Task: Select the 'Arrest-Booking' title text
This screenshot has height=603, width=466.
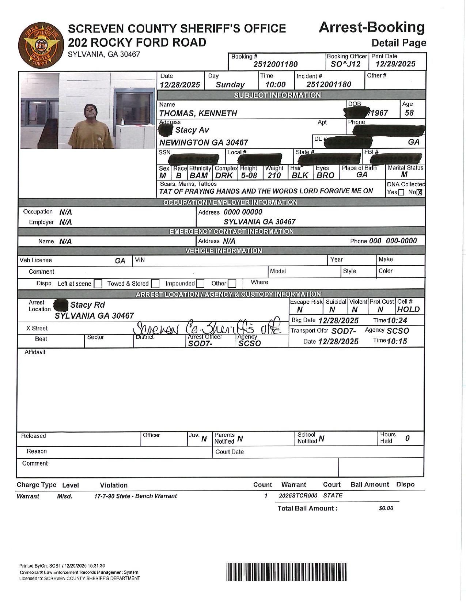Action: coord(371,27)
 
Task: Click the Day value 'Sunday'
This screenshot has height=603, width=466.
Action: coord(230,85)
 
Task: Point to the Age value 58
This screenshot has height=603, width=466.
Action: coord(409,113)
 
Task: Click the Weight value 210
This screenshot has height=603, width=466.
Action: coord(274,175)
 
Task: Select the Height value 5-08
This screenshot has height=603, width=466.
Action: coord(249,175)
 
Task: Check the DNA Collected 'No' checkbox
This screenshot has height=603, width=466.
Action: coord(420,193)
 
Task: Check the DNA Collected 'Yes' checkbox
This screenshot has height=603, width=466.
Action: coord(401,193)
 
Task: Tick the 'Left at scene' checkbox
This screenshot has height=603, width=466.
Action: coord(98,284)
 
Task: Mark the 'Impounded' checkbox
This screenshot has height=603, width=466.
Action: coord(200,284)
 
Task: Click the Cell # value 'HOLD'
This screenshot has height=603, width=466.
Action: coord(408,310)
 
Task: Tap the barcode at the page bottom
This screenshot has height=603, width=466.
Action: coord(287,572)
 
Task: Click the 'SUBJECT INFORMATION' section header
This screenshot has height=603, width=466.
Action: coord(277,95)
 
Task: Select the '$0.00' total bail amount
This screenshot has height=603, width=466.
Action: coord(386,508)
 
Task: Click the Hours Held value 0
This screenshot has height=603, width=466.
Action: coord(408,438)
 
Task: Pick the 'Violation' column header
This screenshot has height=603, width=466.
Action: coord(114,485)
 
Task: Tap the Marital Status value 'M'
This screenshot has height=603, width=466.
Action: coord(404,175)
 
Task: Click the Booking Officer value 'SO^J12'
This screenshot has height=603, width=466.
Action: coord(345,64)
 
